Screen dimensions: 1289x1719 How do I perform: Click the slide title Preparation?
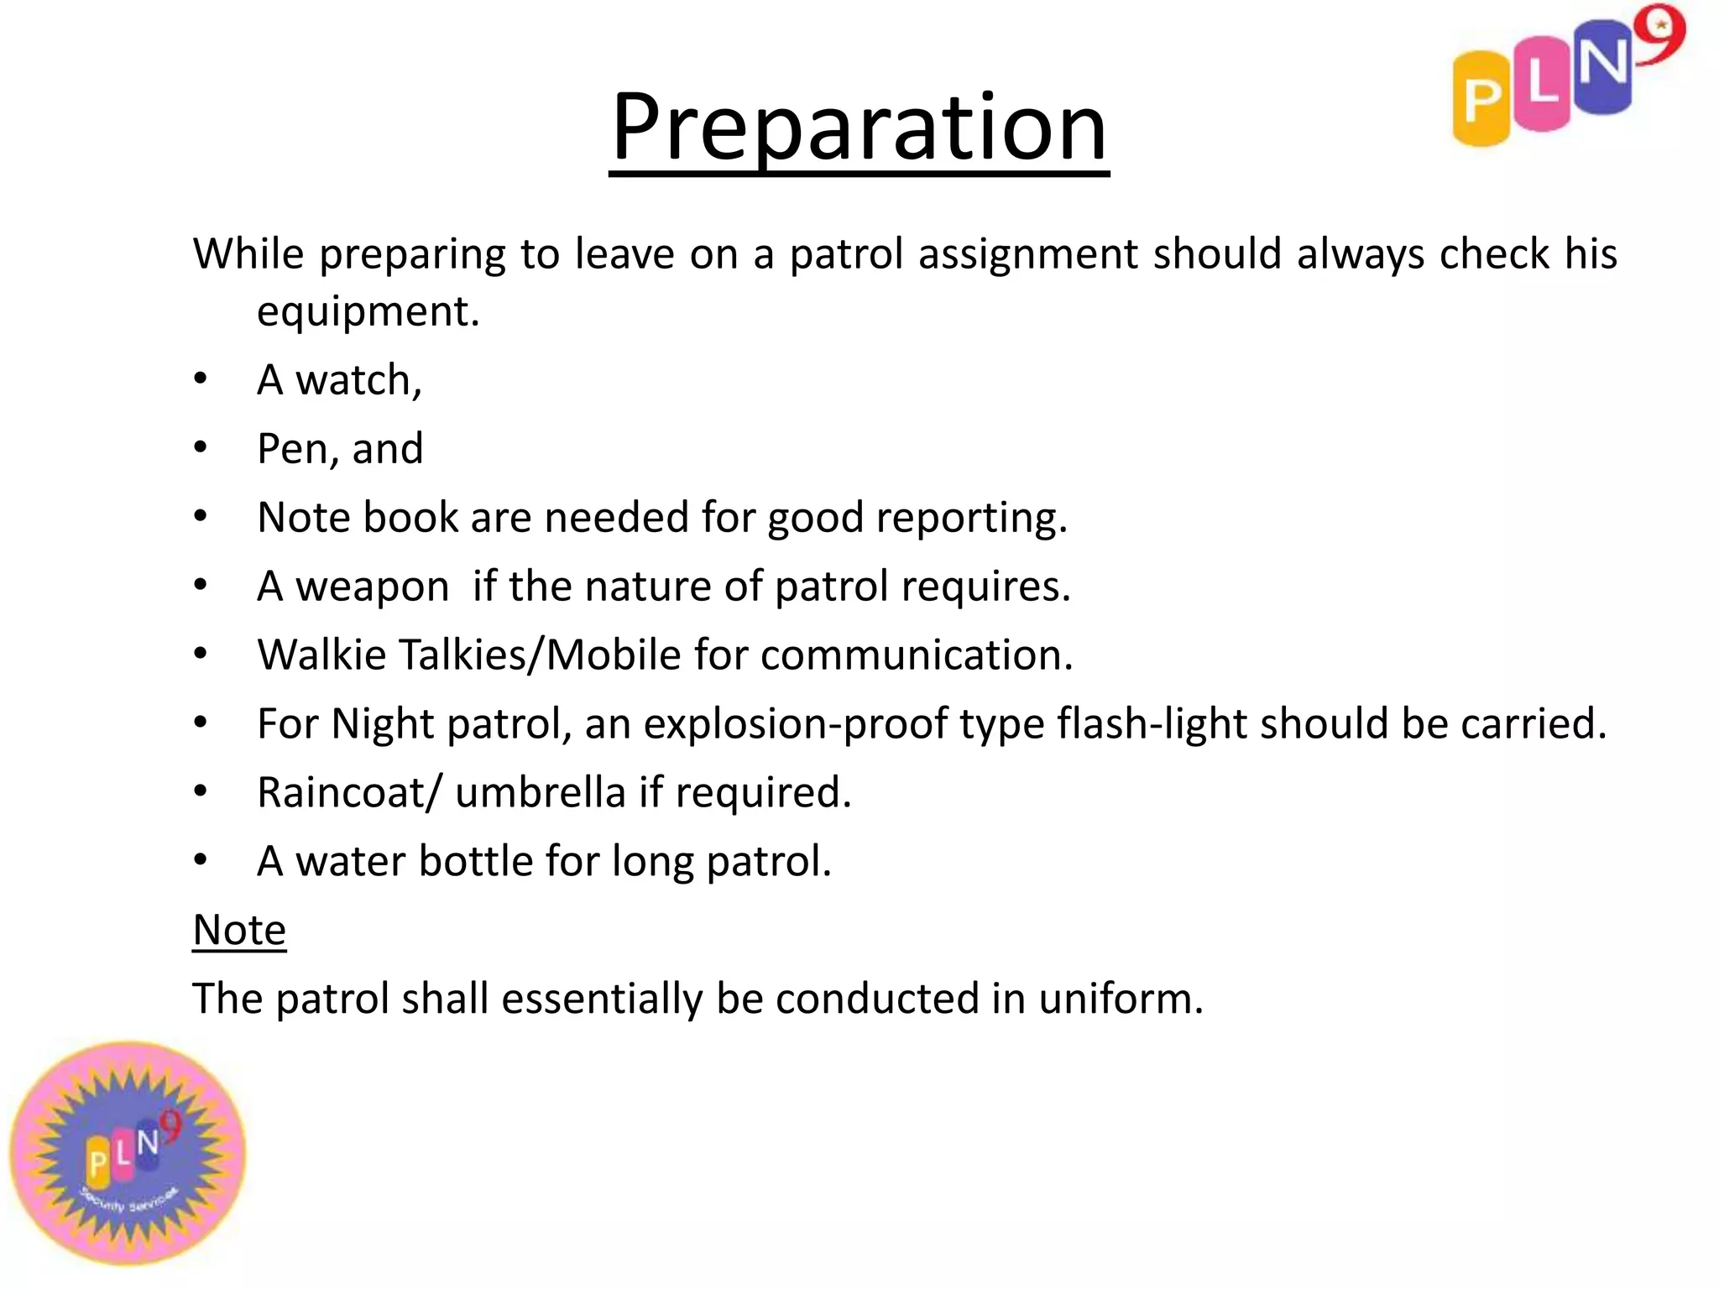click(859, 128)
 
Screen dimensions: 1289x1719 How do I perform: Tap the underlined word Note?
click(239, 930)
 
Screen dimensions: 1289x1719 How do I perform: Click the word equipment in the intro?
click(368, 312)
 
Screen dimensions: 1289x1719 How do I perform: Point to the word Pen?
click(290, 448)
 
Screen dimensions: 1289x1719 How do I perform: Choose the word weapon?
click(373, 587)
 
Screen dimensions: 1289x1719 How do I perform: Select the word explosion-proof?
click(796, 723)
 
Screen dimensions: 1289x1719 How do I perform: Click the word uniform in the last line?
click(1120, 999)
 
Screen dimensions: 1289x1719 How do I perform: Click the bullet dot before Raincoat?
click(200, 791)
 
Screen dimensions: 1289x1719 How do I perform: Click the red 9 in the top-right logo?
click(1661, 34)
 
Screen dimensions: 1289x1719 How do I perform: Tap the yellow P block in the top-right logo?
click(1481, 99)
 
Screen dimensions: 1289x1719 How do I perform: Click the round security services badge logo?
click(128, 1154)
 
